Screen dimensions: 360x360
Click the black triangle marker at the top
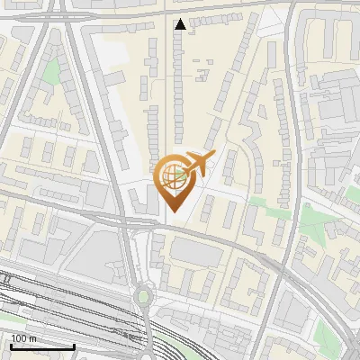(x=181, y=24)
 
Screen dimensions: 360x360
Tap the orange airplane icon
(x=199, y=164)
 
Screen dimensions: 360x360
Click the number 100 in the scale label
(x=18, y=337)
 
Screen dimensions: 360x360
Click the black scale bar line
(x=42, y=346)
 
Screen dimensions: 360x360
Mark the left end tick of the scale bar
(x=11, y=345)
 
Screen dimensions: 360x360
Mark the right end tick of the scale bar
(x=74, y=345)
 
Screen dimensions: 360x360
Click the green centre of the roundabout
(x=142, y=296)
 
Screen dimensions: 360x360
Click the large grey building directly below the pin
(x=195, y=251)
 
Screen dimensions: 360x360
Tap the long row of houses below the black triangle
(x=177, y=81)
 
